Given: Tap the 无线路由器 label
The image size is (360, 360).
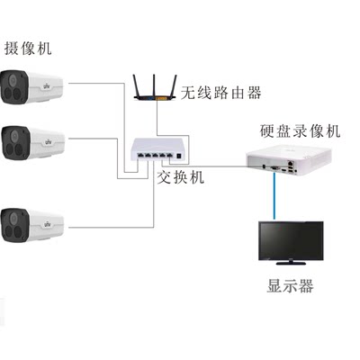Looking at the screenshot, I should [220, 92].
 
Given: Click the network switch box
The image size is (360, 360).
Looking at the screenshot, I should [150, 150].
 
